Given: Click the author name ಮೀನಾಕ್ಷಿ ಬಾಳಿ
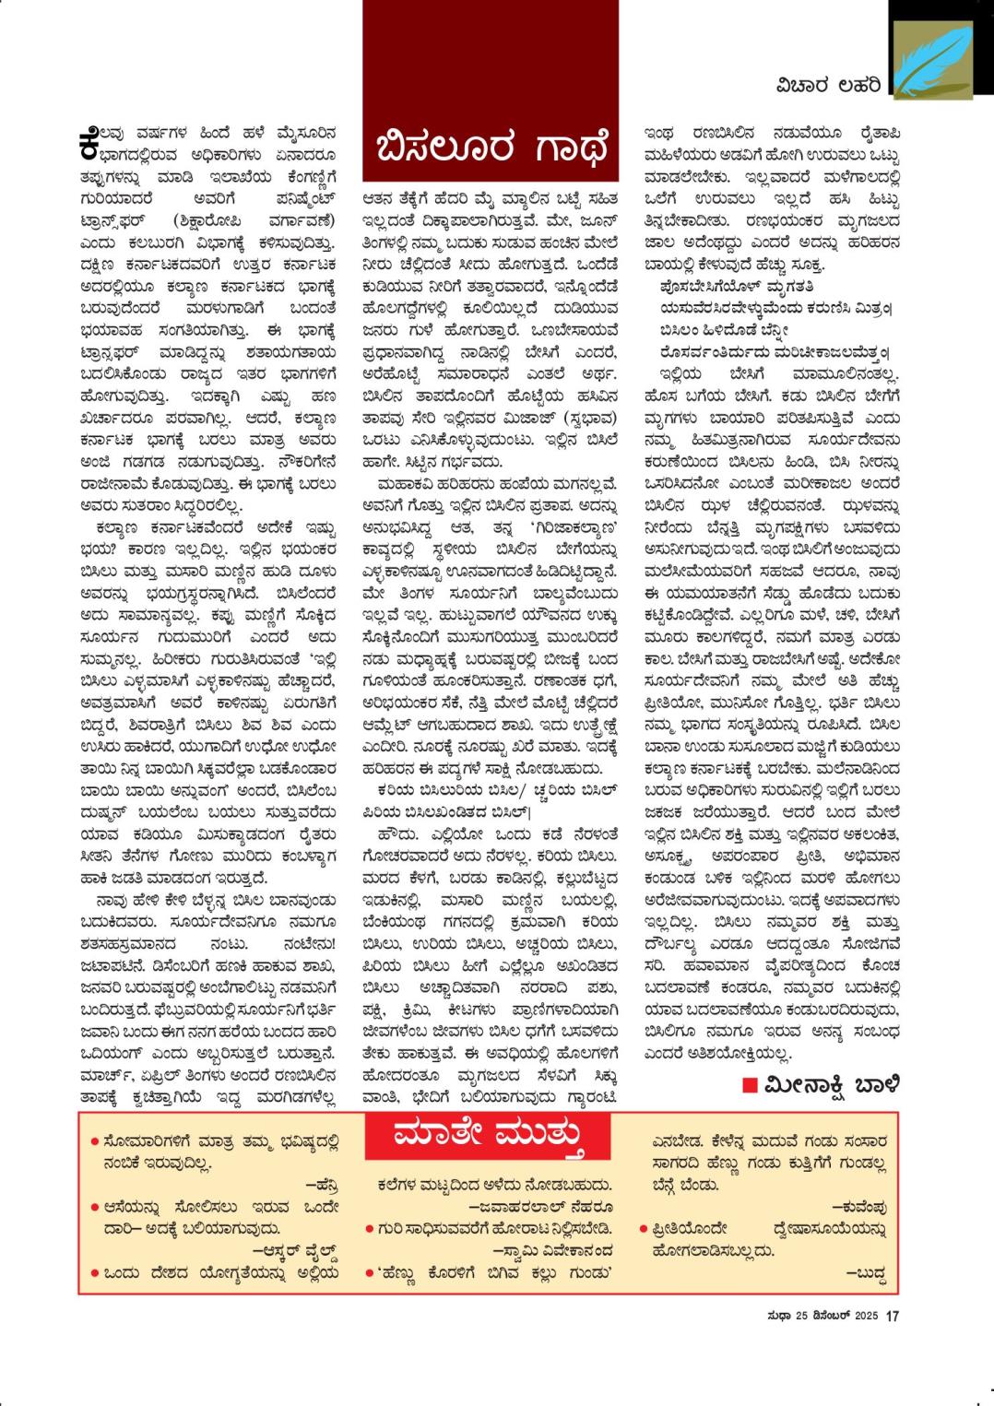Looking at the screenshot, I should pos(831,1084).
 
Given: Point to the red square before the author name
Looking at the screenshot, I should pos(751,1084).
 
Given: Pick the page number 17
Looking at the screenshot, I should pos(892,1316).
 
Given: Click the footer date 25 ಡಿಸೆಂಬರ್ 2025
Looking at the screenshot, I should pos(835,1316).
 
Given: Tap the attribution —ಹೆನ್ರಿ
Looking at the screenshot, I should pos(322,1185).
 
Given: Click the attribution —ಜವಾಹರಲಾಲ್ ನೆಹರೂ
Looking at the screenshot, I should pos(540,1206).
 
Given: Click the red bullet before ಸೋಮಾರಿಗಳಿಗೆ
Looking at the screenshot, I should pos(95,1141).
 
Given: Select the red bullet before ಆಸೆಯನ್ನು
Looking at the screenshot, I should pos(95,1207).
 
